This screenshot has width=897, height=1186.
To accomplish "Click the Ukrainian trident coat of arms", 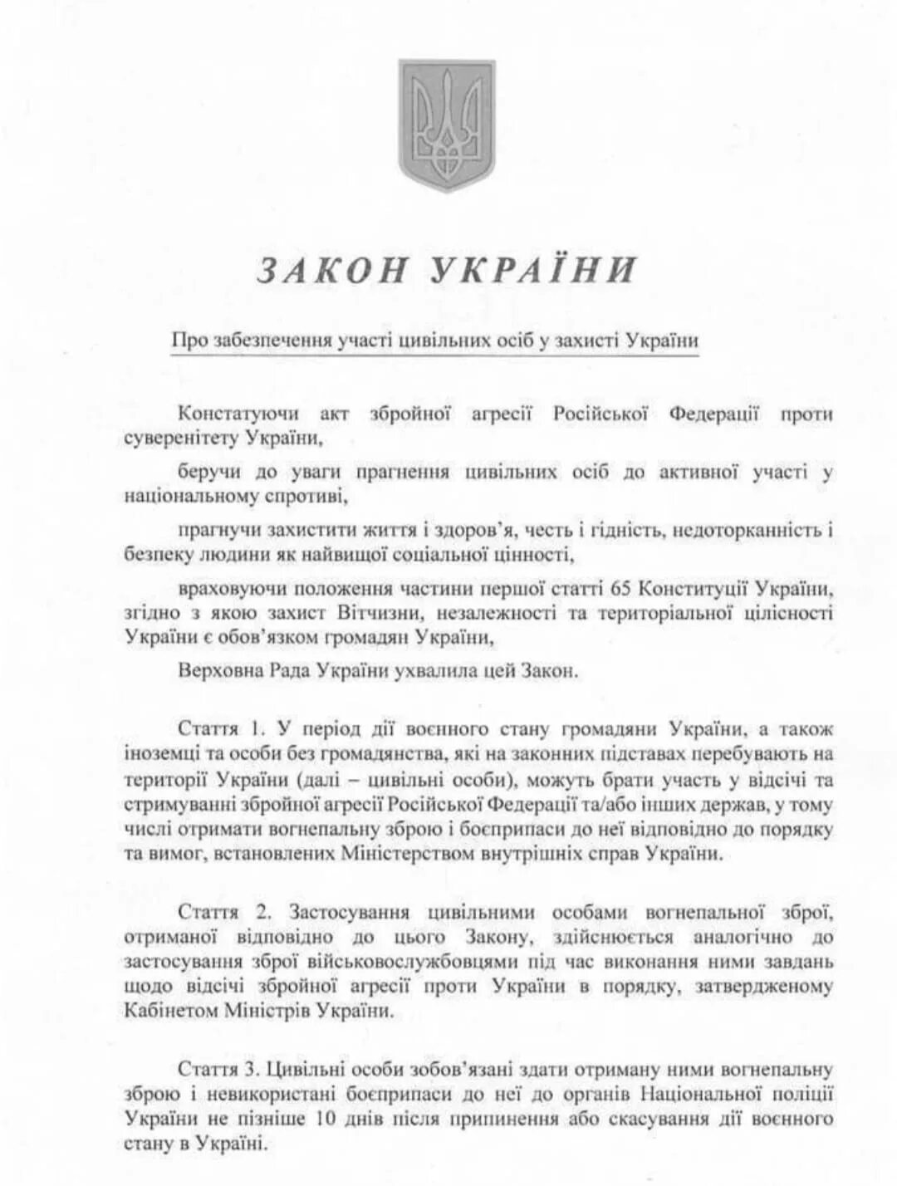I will click(x=447, y=125).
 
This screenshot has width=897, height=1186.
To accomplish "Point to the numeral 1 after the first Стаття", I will click(x=255, y=730).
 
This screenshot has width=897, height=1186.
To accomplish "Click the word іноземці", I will click(x=158, y=755).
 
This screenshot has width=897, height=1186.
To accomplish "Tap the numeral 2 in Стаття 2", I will click(x=264, y=913).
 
